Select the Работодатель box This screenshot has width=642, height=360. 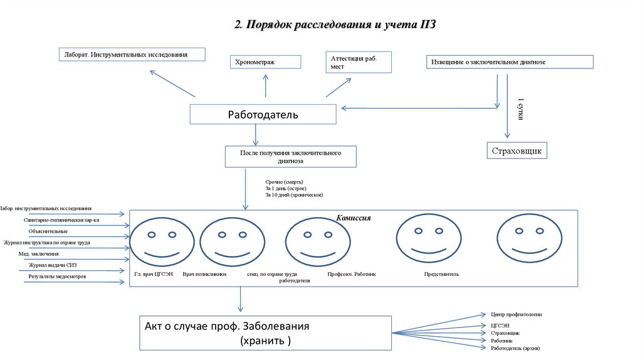(263, 115)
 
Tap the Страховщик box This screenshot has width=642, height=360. (517, 151)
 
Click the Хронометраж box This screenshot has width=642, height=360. (265, 61)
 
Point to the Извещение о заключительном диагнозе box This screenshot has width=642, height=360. (509, 62)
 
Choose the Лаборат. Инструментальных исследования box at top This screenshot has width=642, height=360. (132, 55)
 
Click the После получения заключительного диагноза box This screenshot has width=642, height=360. (290, 157)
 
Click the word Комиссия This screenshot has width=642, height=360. (354, 218)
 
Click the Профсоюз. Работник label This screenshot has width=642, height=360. (351, 274)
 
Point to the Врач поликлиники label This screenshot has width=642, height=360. (204, 274)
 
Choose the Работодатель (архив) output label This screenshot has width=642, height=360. (515, 347)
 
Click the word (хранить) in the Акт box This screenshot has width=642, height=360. (265, 341)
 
